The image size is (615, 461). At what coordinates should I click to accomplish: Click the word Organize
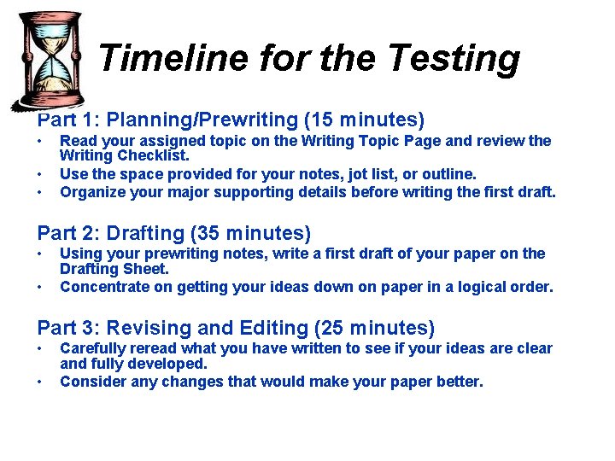(93, 192)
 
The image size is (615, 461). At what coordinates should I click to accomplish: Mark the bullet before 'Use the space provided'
(40, 174)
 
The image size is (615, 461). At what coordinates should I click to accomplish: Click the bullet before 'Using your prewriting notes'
(40, 254)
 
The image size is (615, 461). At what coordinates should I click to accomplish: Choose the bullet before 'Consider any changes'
(40, 382)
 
